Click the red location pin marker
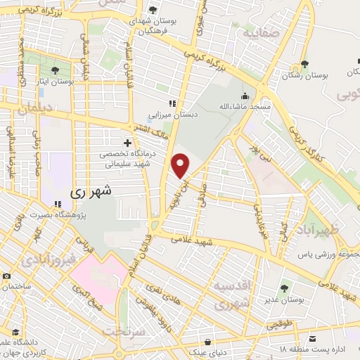[181, 165]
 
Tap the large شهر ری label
[92, 191]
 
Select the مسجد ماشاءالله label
[244, 105]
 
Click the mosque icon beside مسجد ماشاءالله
[244, 96]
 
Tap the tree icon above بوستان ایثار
[56, 70]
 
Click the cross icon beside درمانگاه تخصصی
[127, 143]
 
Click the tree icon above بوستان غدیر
[284, 288]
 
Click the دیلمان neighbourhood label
[31, 109]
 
